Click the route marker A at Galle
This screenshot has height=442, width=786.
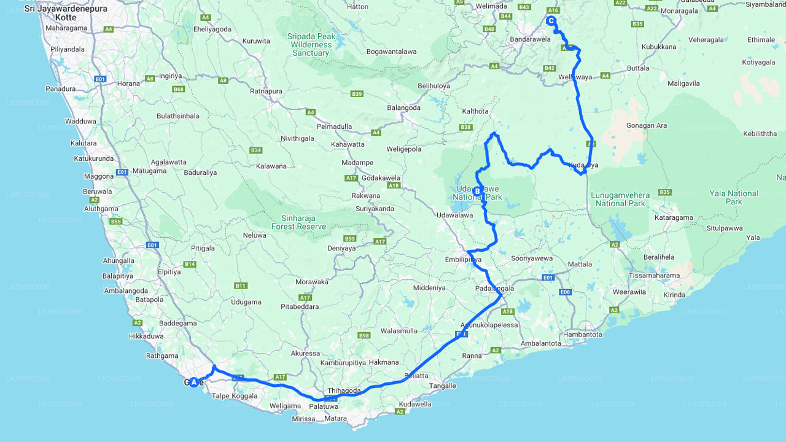(x=194, y=382)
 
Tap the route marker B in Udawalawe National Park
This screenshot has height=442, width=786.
(x=477, y=192)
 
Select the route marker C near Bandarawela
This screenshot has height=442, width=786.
(x=551, y=21)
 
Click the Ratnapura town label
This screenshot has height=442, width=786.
(x=266, y=91)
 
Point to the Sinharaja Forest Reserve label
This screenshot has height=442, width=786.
(x=299, y=222)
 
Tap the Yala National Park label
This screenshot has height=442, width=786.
(x=734, y=197)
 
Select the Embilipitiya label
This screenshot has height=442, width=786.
(x=464, y=260)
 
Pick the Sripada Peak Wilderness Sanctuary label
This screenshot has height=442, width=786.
(x=311, y=44)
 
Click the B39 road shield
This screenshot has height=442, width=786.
(x=357, y=93)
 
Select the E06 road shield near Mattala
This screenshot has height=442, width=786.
(x=566, y=292)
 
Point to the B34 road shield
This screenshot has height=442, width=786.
(x=256, y=150)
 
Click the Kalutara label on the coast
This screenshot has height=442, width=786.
(x=84, y=143)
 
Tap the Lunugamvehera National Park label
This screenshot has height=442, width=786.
(x=620, y=199)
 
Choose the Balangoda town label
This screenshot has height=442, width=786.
(x=403, y=107)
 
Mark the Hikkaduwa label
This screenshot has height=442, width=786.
(x=146, y=336)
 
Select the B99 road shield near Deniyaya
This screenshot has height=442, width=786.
(x=350, y=238)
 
